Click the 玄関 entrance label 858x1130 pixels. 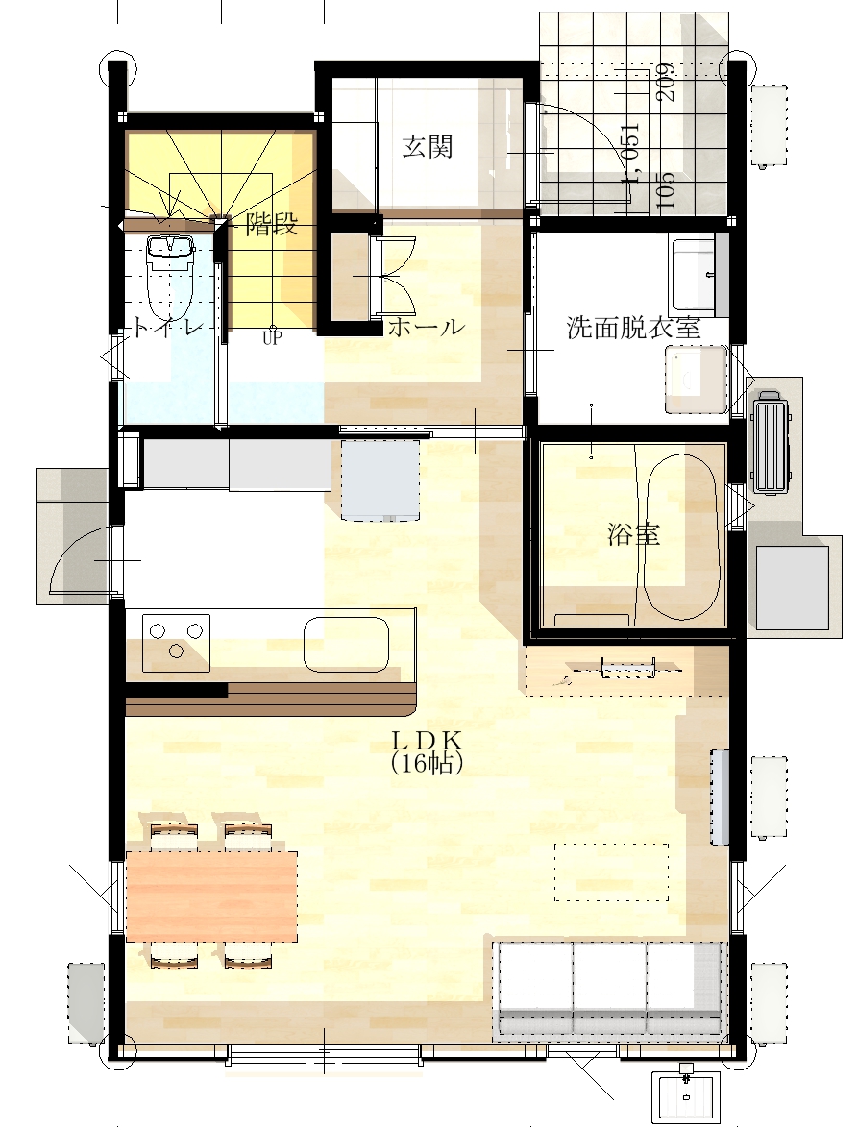428,146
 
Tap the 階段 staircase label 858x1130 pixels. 272,224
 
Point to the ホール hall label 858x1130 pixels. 427,327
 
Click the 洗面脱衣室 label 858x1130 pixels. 633,328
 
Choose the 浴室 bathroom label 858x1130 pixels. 633,534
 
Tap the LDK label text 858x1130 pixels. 427,740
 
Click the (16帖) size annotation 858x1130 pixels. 427,763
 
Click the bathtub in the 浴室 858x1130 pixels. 681,537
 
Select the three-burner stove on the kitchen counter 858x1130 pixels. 176,642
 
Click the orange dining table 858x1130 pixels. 211,896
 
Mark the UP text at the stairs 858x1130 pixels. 272,338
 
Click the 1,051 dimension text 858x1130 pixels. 630,152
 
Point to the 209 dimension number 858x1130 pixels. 666,83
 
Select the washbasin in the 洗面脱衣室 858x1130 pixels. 696,379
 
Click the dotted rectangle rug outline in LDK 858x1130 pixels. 611,872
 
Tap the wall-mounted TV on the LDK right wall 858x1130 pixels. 719,797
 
